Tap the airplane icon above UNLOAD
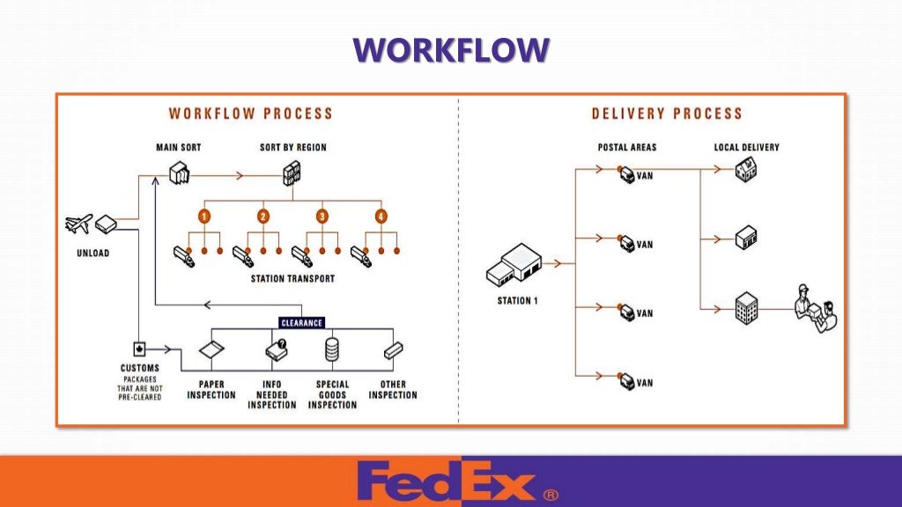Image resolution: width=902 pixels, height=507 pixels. [x=78, y=224]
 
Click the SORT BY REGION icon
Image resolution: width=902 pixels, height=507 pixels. [x=292, y=174]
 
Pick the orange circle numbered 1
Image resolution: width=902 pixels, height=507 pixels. [x=204, y=216]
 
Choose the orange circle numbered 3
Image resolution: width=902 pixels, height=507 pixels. [x=322, y=216]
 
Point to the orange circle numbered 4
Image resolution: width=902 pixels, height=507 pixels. [x=381, y=216]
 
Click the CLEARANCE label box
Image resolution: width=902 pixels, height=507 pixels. [x=302, y=322]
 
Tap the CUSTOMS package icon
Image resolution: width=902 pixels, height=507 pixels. [x=139, y=347]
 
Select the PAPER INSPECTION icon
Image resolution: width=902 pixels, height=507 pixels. [x=211, y=350]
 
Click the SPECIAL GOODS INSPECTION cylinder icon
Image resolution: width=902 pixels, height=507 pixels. [x=332, y=349]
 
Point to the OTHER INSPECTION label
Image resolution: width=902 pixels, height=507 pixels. [x=393, y=390]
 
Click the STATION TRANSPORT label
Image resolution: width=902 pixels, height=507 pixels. [x=292, y=279]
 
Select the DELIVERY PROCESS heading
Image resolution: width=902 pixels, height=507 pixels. [x=667, y=114]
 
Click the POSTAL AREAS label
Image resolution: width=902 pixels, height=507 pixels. [x=627, y=147]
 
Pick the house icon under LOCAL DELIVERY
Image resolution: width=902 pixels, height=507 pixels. [x=746, y=172]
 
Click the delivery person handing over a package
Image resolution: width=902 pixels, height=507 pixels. [x=814, y=308]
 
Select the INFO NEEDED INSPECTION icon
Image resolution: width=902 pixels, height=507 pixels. [x=273, y=351]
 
